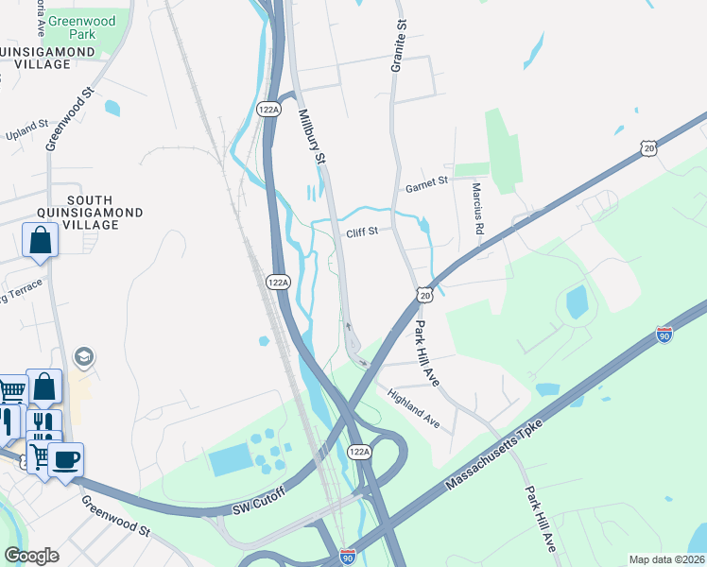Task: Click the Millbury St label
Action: click(312, 138)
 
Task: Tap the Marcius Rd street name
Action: click(479, 209)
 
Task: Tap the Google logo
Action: click(31, 556)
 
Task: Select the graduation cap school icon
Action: click(83, 357)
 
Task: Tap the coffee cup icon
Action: click(65, 460)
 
